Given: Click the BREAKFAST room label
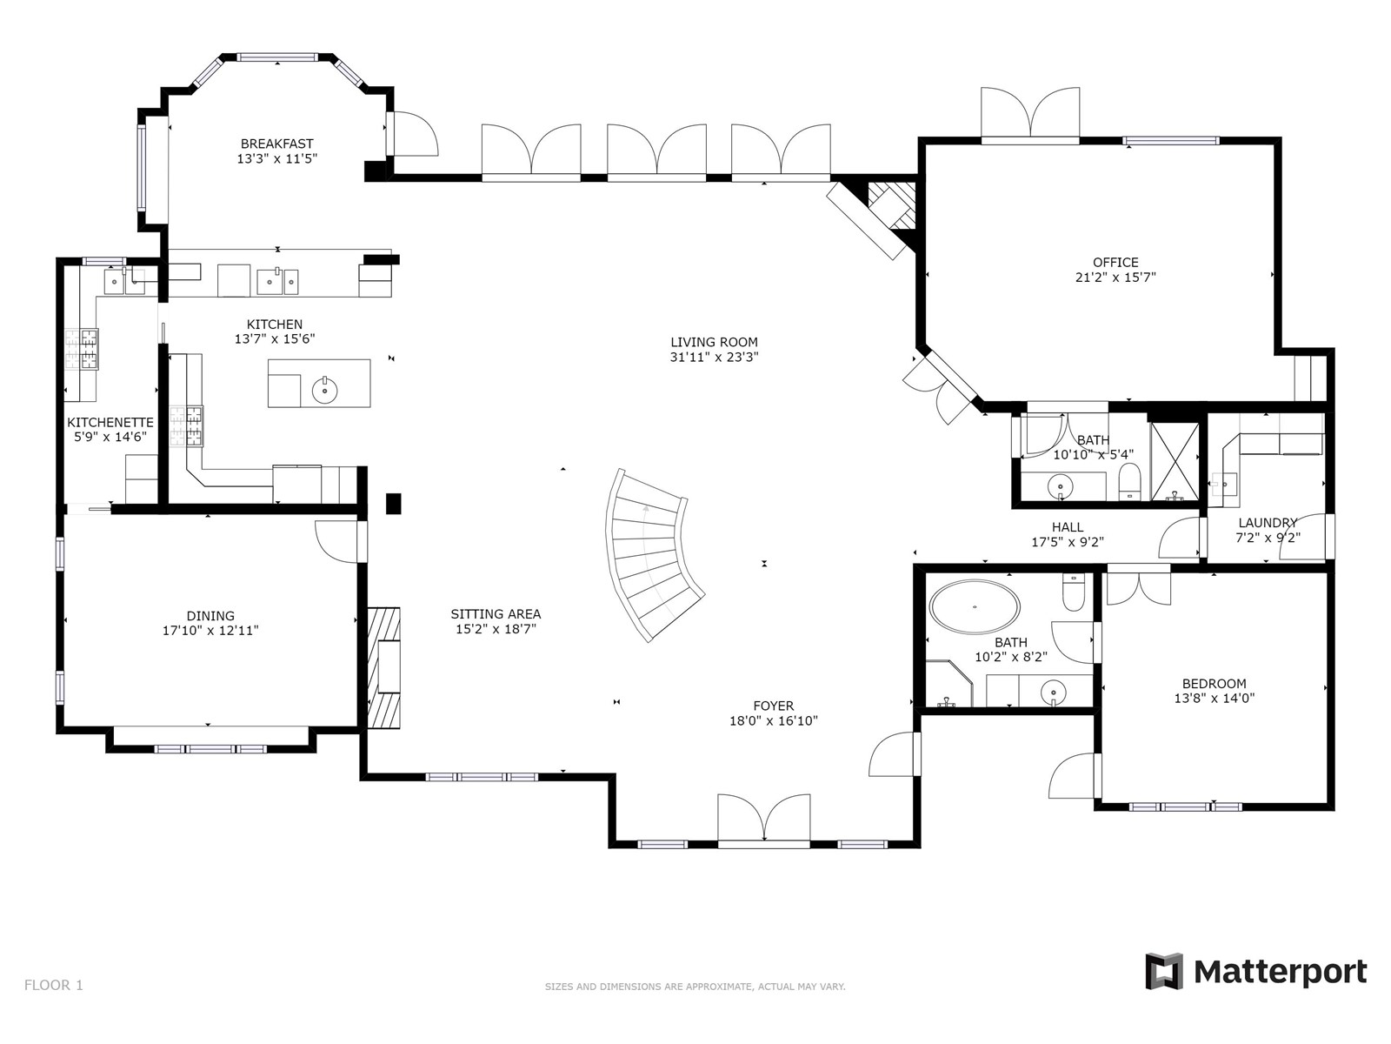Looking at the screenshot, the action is coord(276,144).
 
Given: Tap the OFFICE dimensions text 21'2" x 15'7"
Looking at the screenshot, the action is coord(1115,277).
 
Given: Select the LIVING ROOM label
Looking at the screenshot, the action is coord(715,342).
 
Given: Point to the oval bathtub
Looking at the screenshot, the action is coord(975,606).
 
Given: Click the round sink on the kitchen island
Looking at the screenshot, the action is coord(324,390).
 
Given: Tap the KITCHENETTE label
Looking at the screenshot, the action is coord(110,422).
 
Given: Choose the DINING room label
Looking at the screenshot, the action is coord(210,615).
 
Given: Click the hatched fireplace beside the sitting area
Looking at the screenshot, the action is coord(384,667).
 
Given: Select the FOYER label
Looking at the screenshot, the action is coord(773,706).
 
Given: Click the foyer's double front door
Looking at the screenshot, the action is coord(763,820).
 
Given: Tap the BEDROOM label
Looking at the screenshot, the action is coord(1215,683).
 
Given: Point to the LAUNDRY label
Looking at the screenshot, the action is coord(1268,522).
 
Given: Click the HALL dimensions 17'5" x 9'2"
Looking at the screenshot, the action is coord(1068,542).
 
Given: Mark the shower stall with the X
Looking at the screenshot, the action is coord(1175,461).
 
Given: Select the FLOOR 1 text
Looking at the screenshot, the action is coord(54,985).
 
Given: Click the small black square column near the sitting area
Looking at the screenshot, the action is coord(394,504).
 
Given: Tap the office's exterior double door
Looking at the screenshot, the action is coord(1030,116).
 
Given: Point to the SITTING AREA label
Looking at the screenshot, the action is coord(496,613).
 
